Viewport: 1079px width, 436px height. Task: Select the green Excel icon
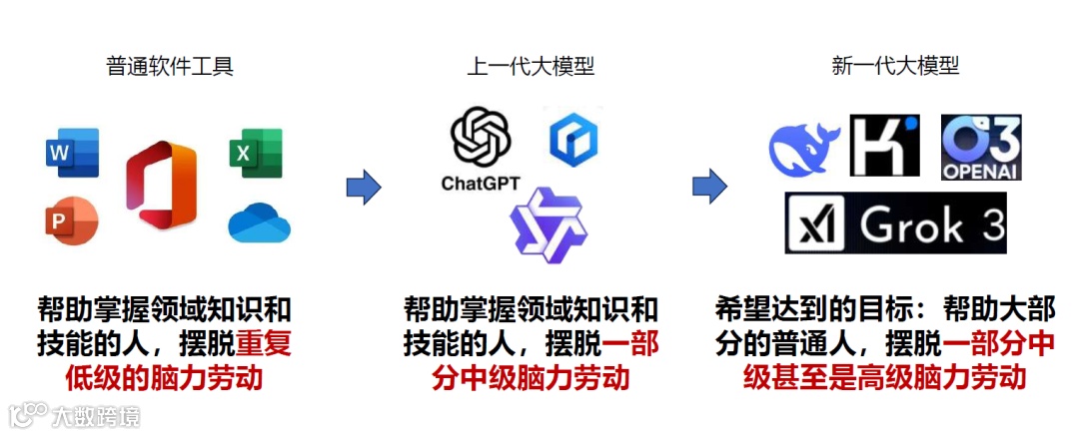(x=256, y=153)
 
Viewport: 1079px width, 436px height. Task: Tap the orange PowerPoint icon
(x=71, y=220)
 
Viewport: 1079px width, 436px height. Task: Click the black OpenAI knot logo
(x=481, y=137)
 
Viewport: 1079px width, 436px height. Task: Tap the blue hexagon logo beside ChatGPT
(x=573, y=140)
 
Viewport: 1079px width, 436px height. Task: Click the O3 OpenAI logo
(x=982, y=147)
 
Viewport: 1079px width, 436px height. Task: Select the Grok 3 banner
(x=895, y=222)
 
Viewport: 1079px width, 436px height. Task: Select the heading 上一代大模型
(x=531, y=67)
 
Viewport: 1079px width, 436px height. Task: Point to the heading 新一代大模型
(x=895, y=67)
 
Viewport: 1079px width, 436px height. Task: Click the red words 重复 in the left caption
(x=264, y=343)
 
